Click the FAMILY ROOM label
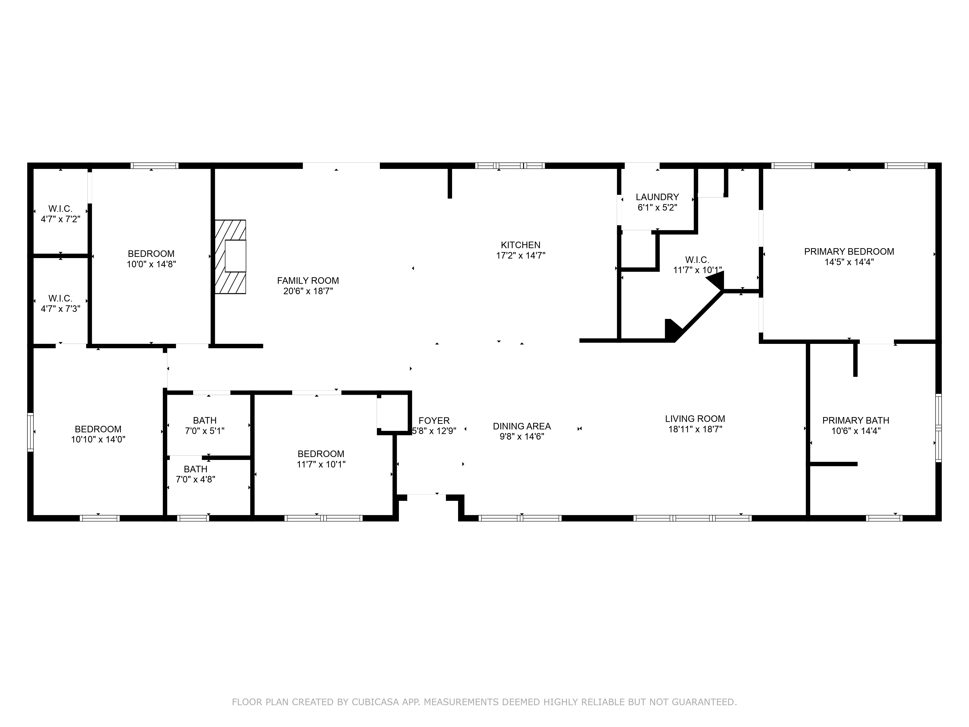coord(308,280)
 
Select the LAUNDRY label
coord(657,197)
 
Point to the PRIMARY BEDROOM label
coord(849,252)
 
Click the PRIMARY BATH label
coord(856,420)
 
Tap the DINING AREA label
coord(522,426)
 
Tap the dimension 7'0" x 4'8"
coord(195,479)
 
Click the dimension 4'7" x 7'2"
coord(61,219)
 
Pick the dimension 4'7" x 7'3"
coord(61,309)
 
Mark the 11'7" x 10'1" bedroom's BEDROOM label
coord(321,454)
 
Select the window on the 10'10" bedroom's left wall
coord(30,432)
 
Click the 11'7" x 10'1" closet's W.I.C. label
coord(697,260)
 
